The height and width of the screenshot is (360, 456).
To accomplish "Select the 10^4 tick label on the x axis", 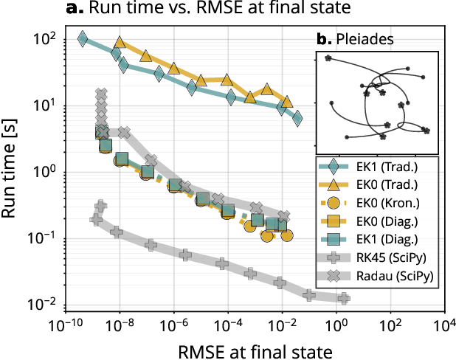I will [444, 325].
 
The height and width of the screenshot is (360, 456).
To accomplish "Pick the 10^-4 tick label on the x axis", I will [228, 325].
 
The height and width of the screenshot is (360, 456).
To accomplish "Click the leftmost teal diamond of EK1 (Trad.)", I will [83, 38].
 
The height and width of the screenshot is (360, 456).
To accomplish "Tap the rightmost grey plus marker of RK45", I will [344, 298].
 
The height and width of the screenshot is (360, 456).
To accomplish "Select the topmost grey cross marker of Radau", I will [103, 94].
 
